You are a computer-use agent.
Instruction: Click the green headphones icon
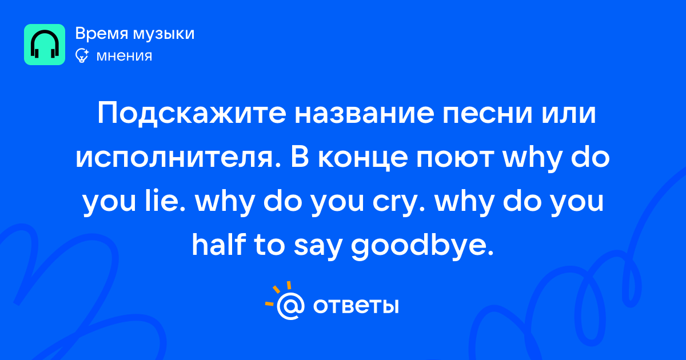tap(45, 45)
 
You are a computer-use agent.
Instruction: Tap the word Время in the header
tap(101, 33)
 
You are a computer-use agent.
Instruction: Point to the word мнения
tap(124, 57)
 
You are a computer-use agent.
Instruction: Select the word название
tap(365, 114)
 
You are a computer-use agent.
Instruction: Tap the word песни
tap(488, 114)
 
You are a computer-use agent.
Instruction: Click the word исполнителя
tap(174, 158)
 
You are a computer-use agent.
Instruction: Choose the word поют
tap(454, 158)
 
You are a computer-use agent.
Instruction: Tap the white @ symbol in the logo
tap(290, 306)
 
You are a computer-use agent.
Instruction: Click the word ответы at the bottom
tap(356, 306)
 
